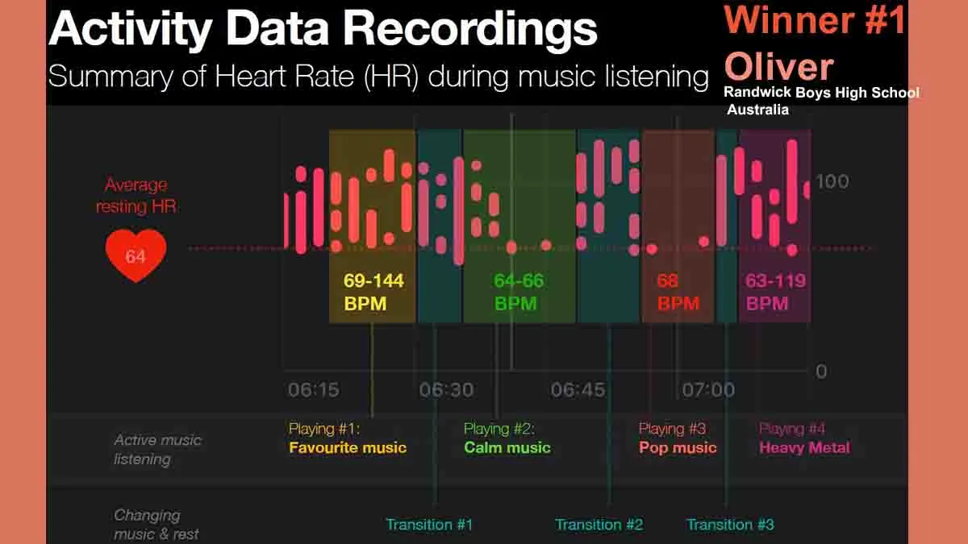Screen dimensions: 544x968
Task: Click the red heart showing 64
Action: [x=136, y=255]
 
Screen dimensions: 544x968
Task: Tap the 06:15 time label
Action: [x=314, y=390]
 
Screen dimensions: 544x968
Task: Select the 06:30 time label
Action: [x=446, y=390]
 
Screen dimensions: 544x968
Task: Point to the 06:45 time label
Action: [x=578, y=390]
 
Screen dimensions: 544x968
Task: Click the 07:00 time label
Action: [x=708, y=390]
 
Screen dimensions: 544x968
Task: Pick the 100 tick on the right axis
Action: [x=832, y=181]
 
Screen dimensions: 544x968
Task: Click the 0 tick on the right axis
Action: [x=821, y=372]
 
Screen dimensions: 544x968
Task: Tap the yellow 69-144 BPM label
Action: [x=373, y=292]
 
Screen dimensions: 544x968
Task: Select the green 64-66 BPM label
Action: [x=519, y=292]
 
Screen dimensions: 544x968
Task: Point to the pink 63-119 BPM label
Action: [x=775, y=292]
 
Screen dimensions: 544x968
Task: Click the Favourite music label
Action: [x=348, y=447]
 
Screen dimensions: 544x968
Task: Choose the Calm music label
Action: [x=507, y=447]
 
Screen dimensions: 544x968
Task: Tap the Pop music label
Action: [x=678, y=447]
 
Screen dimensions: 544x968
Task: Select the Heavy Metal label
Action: [x=804, y=447]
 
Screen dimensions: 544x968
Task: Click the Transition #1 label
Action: [x=429, y=525]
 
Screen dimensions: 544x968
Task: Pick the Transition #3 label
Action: [x=730, y=525]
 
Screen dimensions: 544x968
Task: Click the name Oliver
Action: [x=778, y=66]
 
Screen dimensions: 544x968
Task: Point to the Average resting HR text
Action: [x=136, y=196]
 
